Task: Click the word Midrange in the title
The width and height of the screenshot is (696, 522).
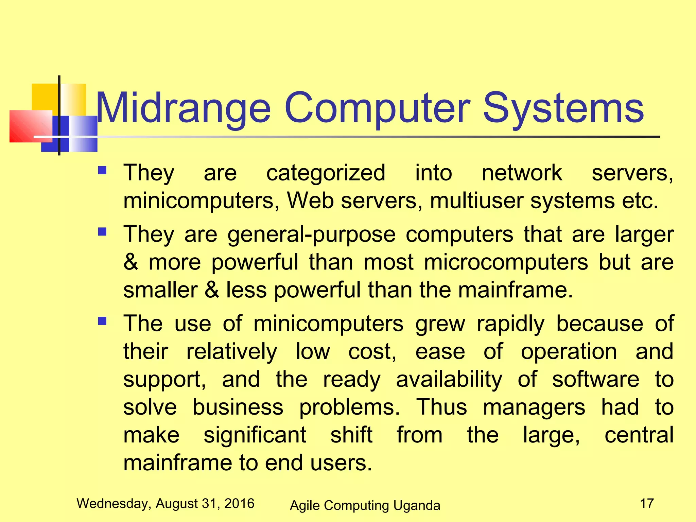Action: [x=184, y=108]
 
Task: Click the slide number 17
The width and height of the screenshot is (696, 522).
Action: [x=647, y=503]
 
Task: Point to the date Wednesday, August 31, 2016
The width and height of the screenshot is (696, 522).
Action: [x=166, y=503]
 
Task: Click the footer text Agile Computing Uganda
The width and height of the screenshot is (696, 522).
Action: [x=365, y=505]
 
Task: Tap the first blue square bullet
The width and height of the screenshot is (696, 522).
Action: [x=102, y=170]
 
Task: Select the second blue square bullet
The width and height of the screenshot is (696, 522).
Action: [x=102, y=232]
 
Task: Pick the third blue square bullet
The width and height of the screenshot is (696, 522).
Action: [x=102, y=321]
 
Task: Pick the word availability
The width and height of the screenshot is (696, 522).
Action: [x=449, y=380]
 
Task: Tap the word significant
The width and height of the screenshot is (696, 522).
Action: [x=255, y=436]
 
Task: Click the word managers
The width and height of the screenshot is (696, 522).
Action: [x=534, y=407]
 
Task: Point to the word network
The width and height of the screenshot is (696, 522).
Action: [x=522, y=173]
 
